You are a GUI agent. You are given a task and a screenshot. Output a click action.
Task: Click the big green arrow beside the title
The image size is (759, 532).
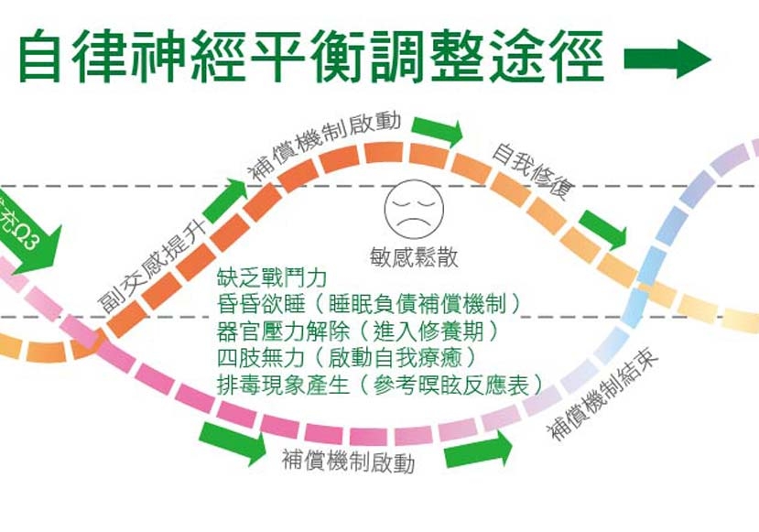pyautogui.click(x=667, y=60)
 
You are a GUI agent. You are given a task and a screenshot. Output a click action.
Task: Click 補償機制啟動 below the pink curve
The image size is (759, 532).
pyautogui.click(x=349, y=461)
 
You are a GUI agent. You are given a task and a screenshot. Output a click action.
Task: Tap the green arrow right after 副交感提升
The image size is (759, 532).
pyautogui.click(x=226, y=198)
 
